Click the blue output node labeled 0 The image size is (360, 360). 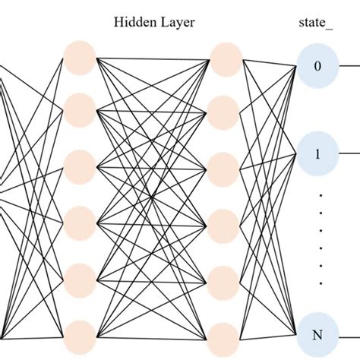coord(318,66)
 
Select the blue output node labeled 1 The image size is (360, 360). coord(318,153)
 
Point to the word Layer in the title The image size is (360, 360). coord(177,23)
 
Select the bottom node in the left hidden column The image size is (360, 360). coord(80,336)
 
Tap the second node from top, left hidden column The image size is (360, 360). coord(80,110)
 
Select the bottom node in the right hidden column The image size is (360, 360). coord(224,336)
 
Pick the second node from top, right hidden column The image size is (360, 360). coord(224,110)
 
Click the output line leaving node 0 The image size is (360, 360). coord(349,66)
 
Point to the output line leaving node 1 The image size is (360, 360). coord(349,153)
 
